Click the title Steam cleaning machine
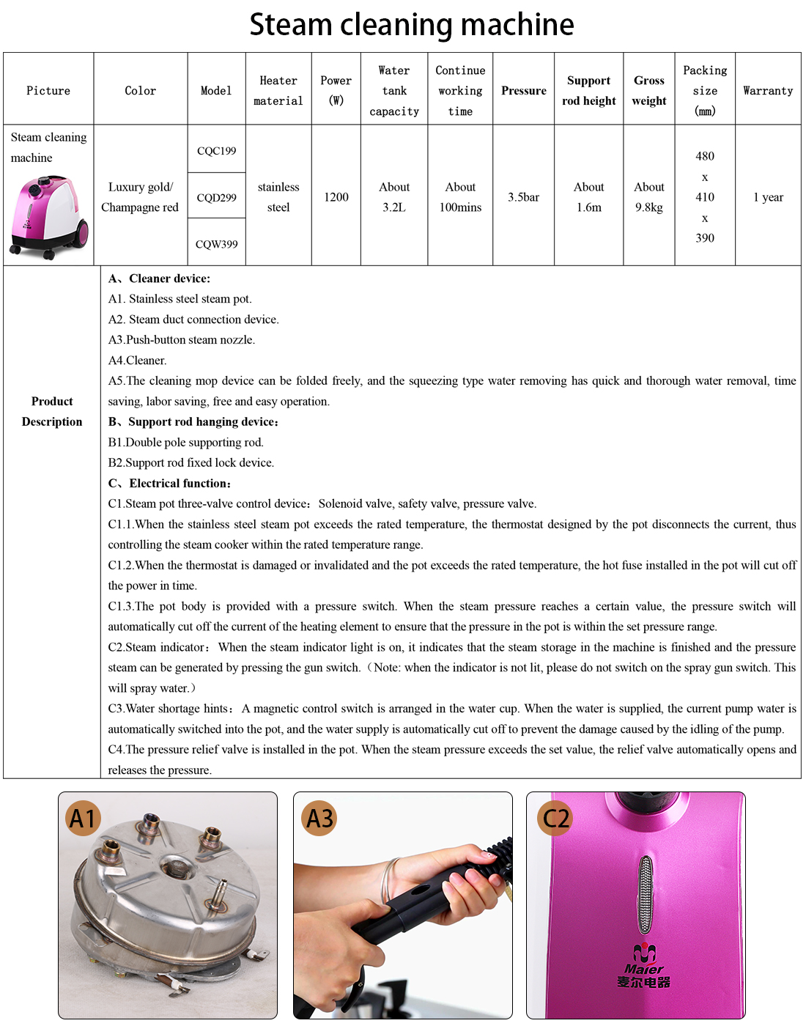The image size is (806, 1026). click(x=411, y=24)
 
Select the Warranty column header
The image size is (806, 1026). click(x=767, y=91)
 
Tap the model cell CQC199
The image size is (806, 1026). click(x=216, y=151)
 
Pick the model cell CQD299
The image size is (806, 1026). click(x=216, y=198)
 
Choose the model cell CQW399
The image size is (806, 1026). click(x=216, y=244)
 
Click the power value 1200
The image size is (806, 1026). click(x=336, y=197)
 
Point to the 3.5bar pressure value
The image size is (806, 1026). click(x=523, y=197)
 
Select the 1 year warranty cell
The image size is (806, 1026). click(x=768, y=197)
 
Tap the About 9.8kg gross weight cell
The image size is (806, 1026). click(x=648, y=197)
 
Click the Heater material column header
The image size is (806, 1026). click(x=278, y=91)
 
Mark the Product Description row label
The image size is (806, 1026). click(x=52, y=411)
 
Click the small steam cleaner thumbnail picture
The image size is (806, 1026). click(x=49, y=217)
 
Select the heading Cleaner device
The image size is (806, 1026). click(x=159, y=278)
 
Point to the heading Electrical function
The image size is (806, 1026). click(x=170, y=483)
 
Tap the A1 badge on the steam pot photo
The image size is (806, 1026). click(x=83, y=819)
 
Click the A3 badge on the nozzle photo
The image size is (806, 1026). click(x=319, y=819)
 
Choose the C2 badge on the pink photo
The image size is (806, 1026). click(x=555, y=818)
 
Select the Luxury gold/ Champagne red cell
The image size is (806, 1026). click(x=140, y=197)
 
